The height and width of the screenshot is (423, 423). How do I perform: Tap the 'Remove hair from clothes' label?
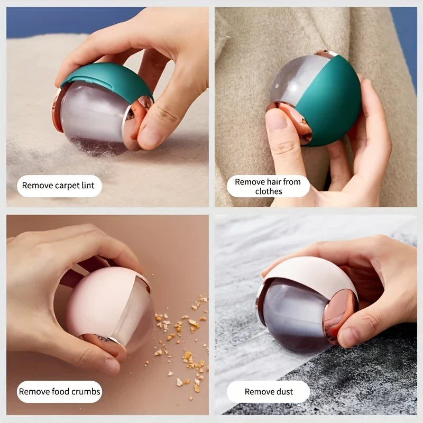coord(268,186)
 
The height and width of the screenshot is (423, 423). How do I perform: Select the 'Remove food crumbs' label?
coord(59,392)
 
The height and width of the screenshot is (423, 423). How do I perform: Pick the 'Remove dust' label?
coord(269,392)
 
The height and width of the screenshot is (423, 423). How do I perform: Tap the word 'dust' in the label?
coord(283,392)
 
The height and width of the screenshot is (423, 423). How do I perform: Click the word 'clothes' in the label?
coord(269,191)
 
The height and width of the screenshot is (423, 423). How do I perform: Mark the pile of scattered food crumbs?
coord(182,338)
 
